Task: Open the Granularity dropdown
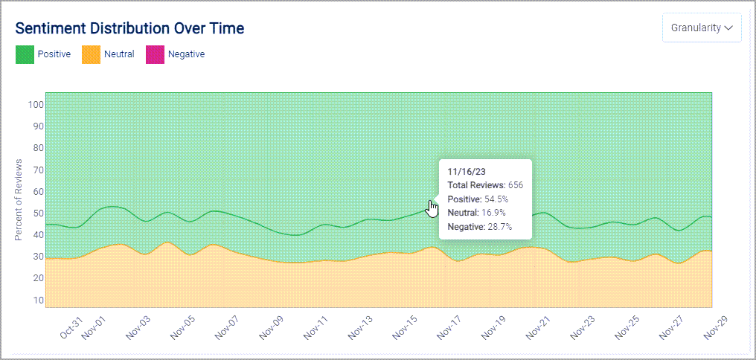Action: (x=702, y=28)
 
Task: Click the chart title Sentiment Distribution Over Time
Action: (x=129, y=28)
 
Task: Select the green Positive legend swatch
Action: (x=25, y=54)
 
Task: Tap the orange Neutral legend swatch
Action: (x=90, y=54)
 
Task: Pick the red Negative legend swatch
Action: (x=154, y=54)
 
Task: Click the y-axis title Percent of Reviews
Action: (x=19, y=199)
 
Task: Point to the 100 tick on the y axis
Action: (x=36, y=104)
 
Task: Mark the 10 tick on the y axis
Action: (x=38, y=300)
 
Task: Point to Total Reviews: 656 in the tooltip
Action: (x=485, y=184)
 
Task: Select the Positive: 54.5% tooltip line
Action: (x=478, y=199)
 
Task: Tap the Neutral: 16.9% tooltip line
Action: (x=476, y=213)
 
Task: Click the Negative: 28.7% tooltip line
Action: (x=479, y=227)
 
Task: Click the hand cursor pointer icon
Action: (x=432, y=208)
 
